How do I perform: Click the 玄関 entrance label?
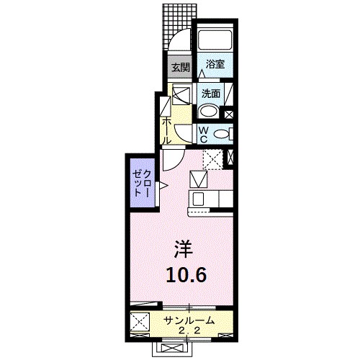pos(180,68)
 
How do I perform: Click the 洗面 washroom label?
pos(211,93)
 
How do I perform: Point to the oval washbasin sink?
pos(209,111)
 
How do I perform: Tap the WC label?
pos(204,134)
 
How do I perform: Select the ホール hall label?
pos(166,129)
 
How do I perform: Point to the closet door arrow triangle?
pos(163,186)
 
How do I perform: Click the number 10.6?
pos(183,274)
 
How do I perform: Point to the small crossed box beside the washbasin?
pos(230,112)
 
